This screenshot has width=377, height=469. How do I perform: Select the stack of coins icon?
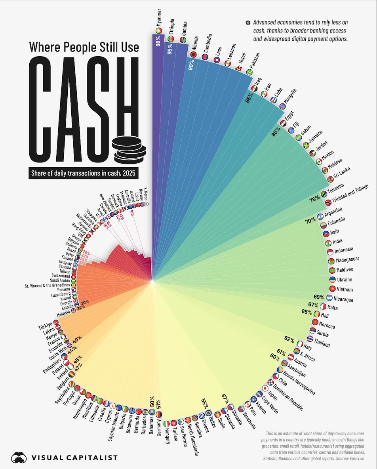(129, 150)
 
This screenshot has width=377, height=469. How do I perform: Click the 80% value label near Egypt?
(276, 134)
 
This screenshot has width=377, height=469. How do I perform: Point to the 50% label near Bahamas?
(151, 399)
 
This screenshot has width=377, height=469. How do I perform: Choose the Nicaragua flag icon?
(329, 298)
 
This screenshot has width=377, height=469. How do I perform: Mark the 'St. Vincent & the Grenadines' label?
(47, 285)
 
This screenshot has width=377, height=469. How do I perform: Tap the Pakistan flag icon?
(249, 72)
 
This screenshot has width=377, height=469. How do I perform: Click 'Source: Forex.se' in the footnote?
(348, 458)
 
